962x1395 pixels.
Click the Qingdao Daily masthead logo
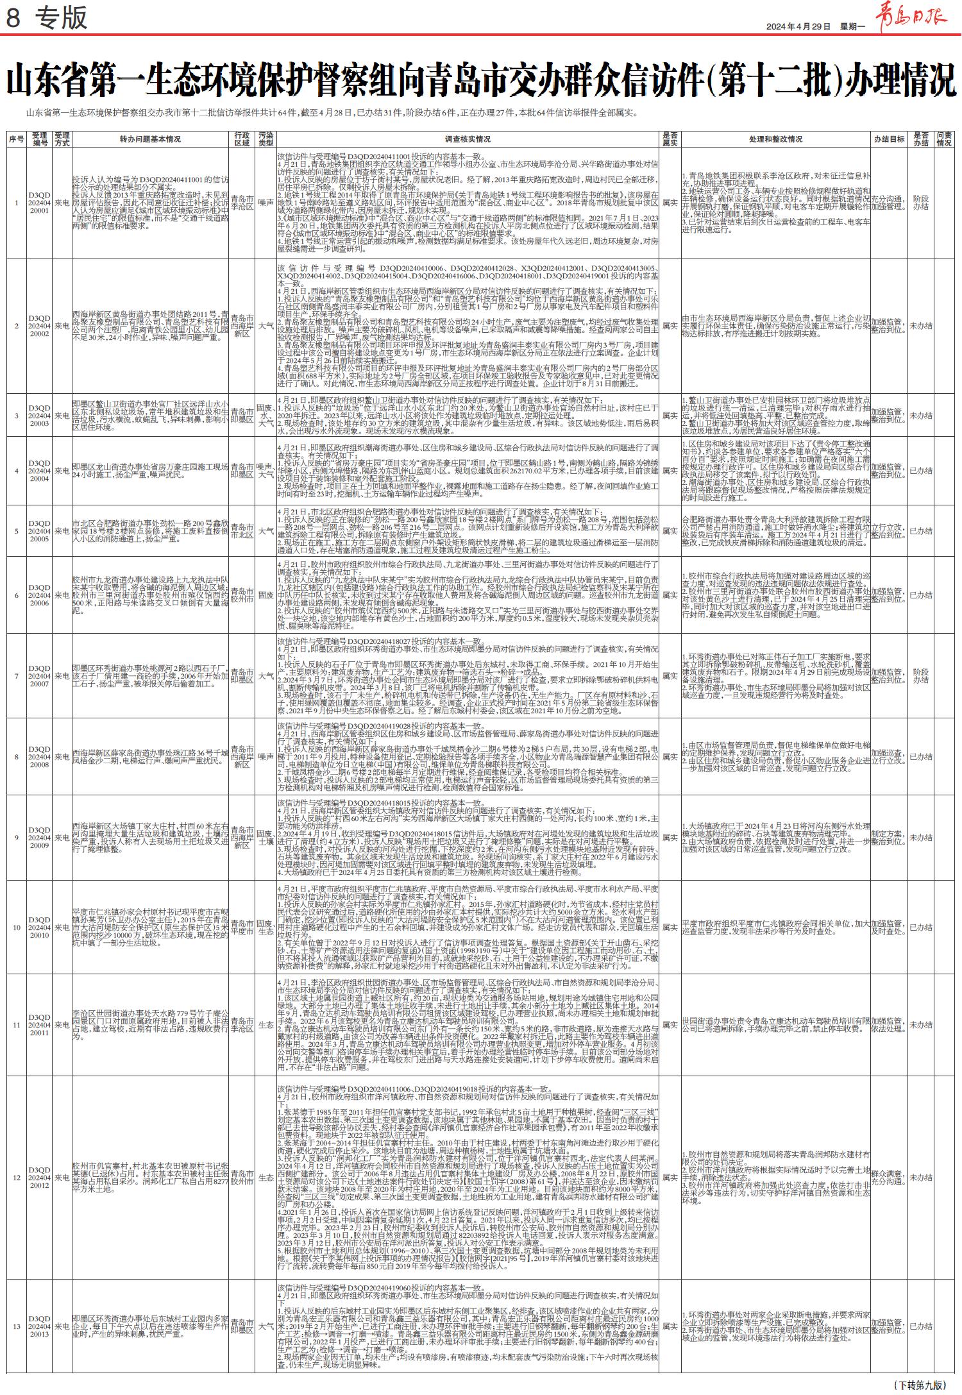(x=911, y=15)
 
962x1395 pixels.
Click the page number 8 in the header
(x=12, y=17)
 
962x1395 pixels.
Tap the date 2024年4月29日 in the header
(x=798, y=26)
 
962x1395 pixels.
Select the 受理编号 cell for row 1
(x=39, y=202)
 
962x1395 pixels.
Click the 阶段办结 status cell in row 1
(x=921, y=203)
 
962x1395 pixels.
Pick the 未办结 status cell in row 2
(x=921, y=326)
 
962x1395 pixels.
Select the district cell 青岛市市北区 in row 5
(x=242, y=531)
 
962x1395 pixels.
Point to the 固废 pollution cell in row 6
(x=266, y=595)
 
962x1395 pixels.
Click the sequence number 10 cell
(x=17, y=927)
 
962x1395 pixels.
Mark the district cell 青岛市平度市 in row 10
(x=242, y=927)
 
